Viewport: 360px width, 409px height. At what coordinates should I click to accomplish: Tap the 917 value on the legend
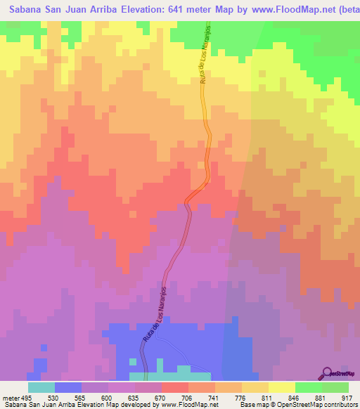point(347,396)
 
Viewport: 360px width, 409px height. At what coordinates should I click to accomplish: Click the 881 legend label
point(321,396)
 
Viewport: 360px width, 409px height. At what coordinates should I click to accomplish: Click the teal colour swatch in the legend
point(41,387)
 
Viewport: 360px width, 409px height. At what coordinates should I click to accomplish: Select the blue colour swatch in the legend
point(68,387)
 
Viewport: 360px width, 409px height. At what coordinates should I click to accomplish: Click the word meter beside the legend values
point(9,396)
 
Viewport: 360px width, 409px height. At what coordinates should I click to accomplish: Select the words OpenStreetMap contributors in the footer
point(321,404)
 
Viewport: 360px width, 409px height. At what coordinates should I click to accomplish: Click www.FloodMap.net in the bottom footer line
point(191,404)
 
